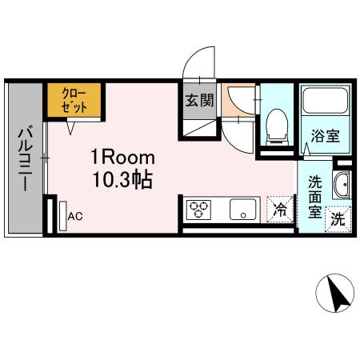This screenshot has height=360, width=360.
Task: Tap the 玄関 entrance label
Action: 198,102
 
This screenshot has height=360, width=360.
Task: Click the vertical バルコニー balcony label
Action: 23,158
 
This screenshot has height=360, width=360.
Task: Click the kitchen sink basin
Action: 239,210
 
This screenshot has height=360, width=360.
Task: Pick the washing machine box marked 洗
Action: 338,218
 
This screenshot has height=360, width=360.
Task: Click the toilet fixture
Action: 277,125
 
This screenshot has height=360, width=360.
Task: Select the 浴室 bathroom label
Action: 326,135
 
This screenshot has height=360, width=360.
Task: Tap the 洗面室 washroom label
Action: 315,196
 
